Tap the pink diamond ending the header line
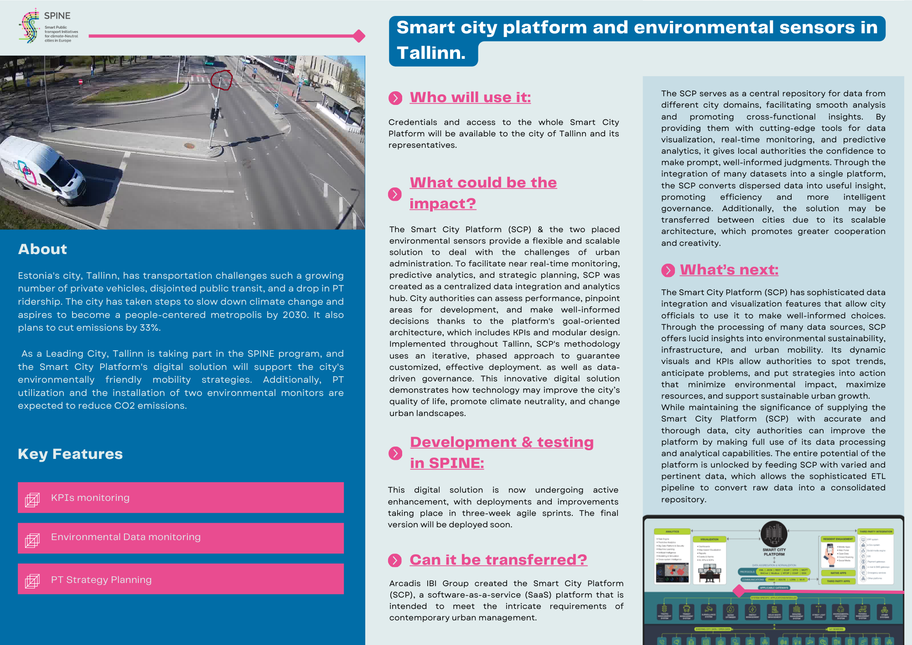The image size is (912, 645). pos(359,36)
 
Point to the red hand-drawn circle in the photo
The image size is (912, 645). pos(222,80)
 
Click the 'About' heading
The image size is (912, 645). pos(42,249)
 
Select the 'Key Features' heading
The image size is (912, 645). pos(70,454)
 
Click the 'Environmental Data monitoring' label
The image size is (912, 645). pos(126,537)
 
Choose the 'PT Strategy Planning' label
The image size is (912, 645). pos(101,580)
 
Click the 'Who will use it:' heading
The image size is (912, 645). pos(470,97)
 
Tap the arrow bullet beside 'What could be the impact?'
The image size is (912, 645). pos(395,194)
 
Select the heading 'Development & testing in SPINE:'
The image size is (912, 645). pos(502,453)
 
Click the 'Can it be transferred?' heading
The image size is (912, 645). pos(498,560)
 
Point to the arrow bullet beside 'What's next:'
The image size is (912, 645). pos(668,270)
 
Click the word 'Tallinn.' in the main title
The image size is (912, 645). pos(431,53)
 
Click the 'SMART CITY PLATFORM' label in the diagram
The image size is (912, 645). pos(774,552)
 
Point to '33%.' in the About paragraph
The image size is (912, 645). pos(150,328)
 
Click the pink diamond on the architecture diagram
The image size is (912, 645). pos(739,591)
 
